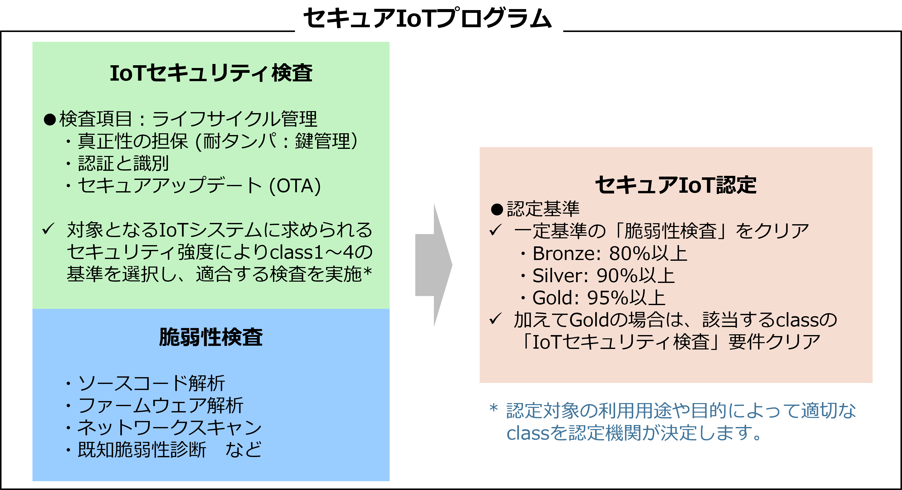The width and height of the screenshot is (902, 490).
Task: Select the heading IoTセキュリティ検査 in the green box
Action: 211,73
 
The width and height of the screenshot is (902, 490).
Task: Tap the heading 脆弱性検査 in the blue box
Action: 211,337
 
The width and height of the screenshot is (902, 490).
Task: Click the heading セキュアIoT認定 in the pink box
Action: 675,185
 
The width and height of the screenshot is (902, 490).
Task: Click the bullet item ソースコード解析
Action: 151,383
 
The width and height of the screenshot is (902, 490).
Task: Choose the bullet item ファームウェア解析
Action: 160,406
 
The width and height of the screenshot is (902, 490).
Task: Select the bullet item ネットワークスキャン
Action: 169,428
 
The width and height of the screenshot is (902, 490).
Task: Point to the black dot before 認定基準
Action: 497,210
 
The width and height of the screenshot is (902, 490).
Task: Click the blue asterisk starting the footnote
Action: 494,408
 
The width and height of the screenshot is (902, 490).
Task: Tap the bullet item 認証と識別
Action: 123,164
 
